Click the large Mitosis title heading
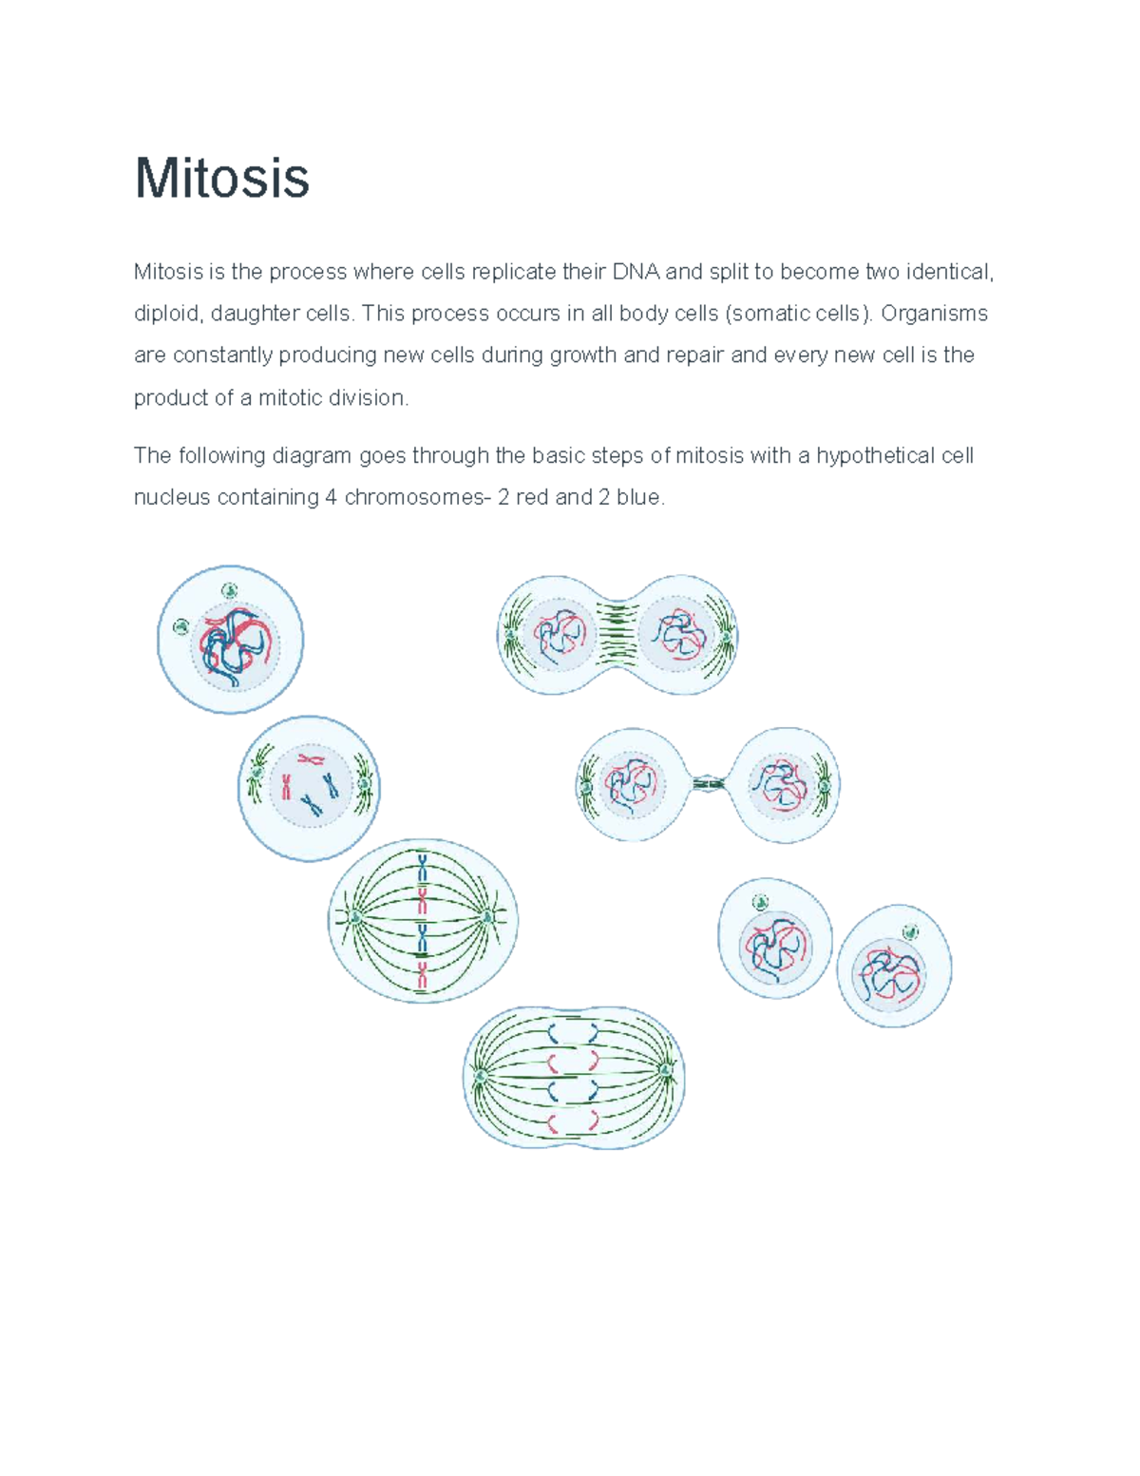[222, 178]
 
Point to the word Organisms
[934, 314]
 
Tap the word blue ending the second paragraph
[638, 497]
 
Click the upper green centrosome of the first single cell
[229, 591]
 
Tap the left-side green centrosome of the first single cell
[181, 626]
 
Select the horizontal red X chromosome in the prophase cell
[311, 758]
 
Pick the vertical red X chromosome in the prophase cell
[285, 786]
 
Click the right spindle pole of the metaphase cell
[488, 917]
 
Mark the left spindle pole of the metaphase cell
[355, 917]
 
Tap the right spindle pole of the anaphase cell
[666, 1071]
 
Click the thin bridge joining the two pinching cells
[709, 784]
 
